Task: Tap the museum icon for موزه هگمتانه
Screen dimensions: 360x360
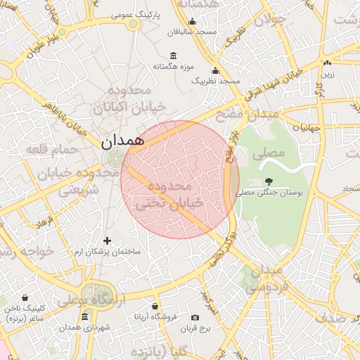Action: pyautogui.click(x=173, y=56)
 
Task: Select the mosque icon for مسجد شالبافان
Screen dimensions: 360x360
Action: pyautogui.click(x=192, y=21)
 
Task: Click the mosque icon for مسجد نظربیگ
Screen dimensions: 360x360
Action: pyautogui.click(x=215, y=70)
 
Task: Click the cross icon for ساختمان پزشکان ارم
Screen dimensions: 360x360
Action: pyautogui.click(x=107, y=240)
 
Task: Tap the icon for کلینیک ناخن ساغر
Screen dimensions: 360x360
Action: pyautogui.click(x=25, y=298)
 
